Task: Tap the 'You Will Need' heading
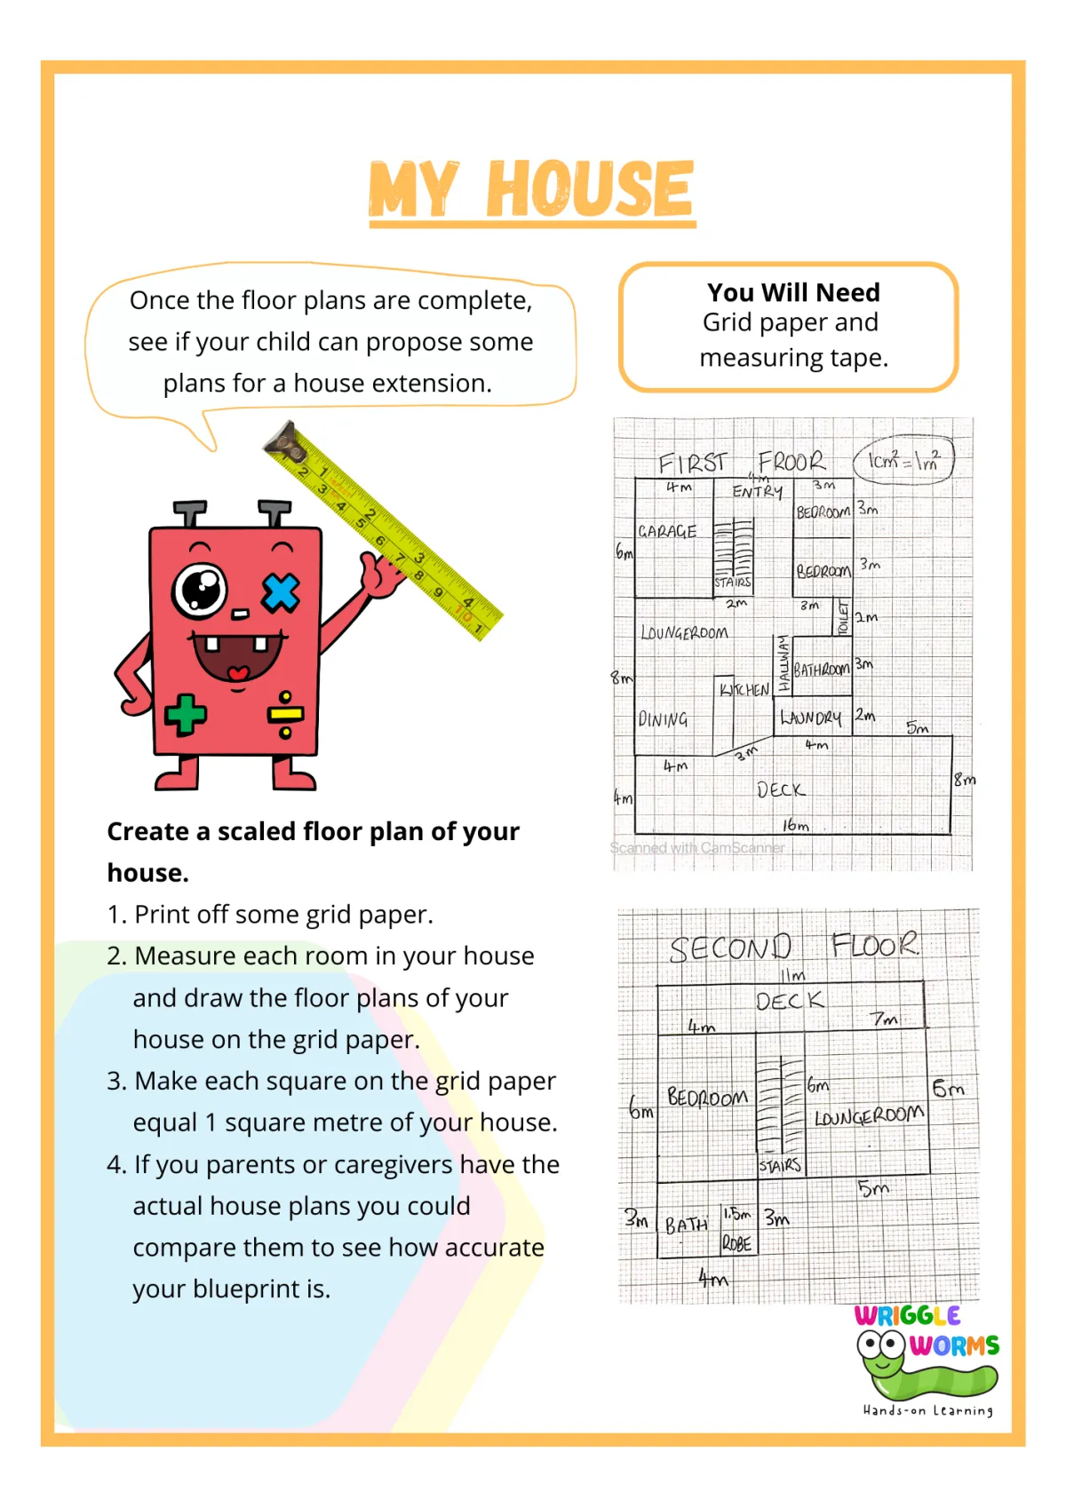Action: coord(793,292)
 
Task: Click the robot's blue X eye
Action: coord(281,592)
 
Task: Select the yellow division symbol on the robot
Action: coord(286,714)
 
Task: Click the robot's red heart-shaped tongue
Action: coord(238,672)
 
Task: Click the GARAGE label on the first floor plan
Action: coord(667,531)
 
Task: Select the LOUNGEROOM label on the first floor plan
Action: coord(684,633)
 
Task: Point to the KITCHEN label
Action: coord(744,690)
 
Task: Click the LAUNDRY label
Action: coord(810,718)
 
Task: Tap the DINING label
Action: coord(663,719)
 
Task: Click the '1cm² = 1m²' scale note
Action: coord(903,460)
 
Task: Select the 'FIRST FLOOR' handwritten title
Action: coord(741,463)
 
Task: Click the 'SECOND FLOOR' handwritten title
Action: coord(793,947)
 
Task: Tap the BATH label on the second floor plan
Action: coord(687,1225)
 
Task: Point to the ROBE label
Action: coord(736,1243)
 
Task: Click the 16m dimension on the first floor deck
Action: coord(795,826)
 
